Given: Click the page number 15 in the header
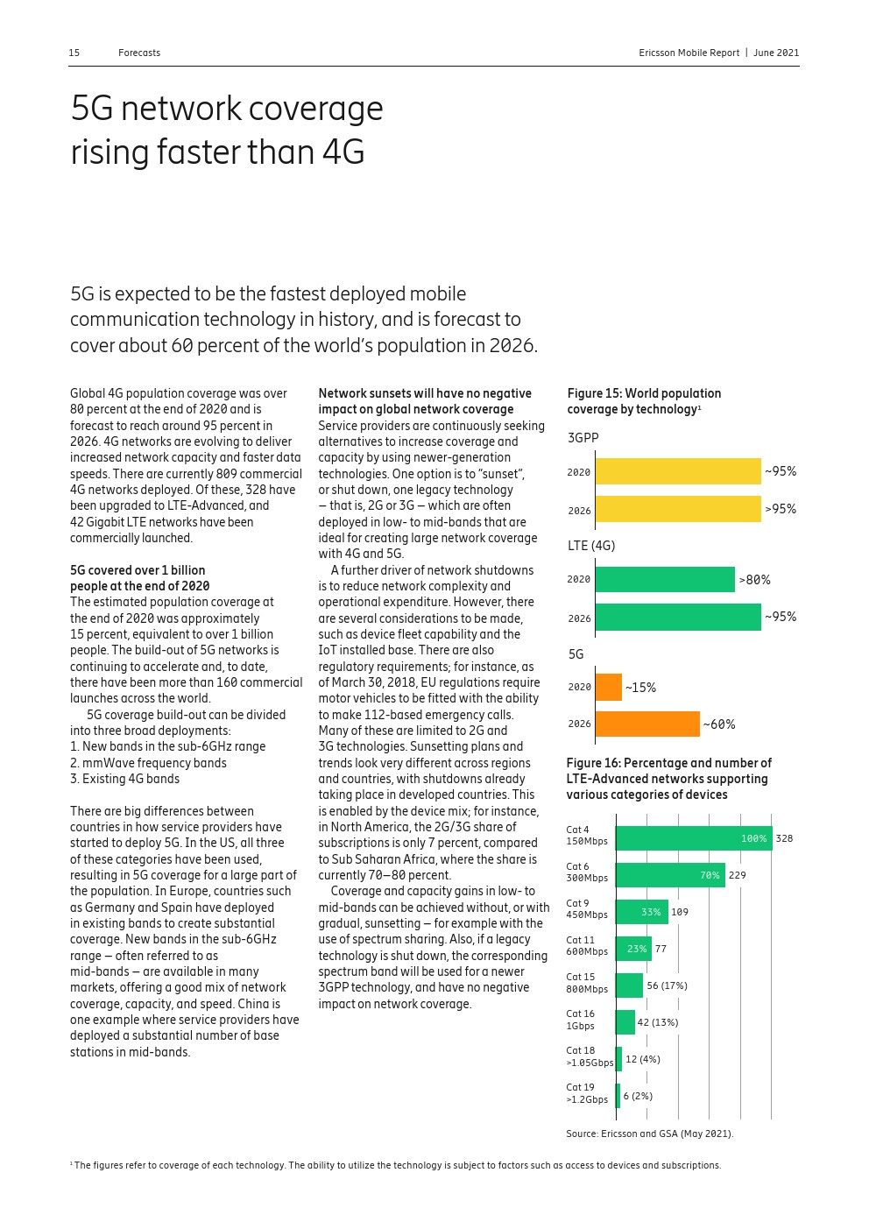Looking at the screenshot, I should [x=74, y=53].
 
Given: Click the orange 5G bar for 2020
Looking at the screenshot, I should [x=608, y=687].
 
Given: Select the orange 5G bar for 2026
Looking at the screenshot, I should [x=647, y=724].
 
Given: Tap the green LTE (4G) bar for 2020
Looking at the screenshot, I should [x=665, y=579].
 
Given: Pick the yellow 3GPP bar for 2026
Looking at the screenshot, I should [x=678, y=509].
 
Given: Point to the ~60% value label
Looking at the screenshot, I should [x=719, y=724].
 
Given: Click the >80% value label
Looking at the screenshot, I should [x=754, y=580].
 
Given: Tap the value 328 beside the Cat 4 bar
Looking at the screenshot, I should [x=784, y=838].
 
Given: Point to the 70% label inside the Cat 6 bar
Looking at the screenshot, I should [x=710, y=875].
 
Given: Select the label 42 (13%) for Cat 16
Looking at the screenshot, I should [x=657, y=1022].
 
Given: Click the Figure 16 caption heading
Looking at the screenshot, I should [x=668, y=779].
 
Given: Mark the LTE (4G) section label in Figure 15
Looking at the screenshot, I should [x=591, y=546].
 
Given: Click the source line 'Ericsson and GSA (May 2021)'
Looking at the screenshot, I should [x=649, y=1134].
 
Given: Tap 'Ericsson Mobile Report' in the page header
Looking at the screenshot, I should [x=689, y=53].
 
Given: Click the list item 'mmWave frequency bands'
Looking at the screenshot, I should [x=148, y=763].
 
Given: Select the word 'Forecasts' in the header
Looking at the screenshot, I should [x=139, y=53].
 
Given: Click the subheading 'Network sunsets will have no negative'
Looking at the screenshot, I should [x=425, y=393].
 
